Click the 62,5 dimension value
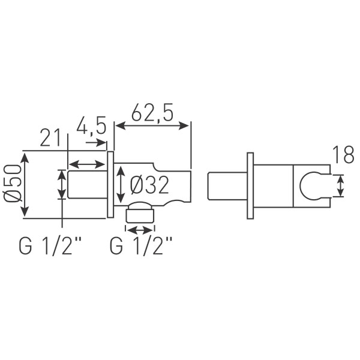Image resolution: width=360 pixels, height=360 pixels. pyautogui.click(x=152, y=113)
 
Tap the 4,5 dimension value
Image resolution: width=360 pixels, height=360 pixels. pyautogui.click(x=91, y=125)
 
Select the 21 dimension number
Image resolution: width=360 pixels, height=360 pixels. pyautogui.click(x=51, y=138)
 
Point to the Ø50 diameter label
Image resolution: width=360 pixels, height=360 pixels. pyautogui.click(x=13, y=183)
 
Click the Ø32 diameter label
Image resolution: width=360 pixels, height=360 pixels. pyautogui.click(x=149, y=186)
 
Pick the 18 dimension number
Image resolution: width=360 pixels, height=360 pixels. pyautogui.click(x=343, y=155)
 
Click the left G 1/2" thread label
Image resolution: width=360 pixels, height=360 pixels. pyautogui.click(x=50, y=246)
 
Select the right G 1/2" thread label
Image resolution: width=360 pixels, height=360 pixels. pyautogui.click(x=140, y=246)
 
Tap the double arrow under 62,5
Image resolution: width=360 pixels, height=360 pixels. pyautogui.click(x=152, y=126)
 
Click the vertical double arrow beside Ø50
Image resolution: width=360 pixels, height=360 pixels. pyautogui.click(x=25, y=185)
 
